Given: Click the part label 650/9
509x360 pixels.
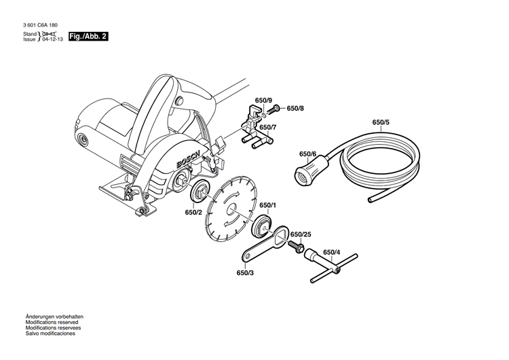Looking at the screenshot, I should [x=263, y=101].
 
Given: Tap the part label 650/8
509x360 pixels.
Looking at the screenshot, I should [x=295, y=108].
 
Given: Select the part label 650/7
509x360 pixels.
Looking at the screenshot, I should [x=267, y=127].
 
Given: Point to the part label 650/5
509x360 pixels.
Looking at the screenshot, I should [x=381, y=122].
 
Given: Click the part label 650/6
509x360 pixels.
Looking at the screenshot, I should [x=308, y=154].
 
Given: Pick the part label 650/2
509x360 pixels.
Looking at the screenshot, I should [x=193, y=212].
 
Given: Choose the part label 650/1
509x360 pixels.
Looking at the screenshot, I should [x=267, y=204].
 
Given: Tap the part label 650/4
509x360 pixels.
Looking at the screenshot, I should [x=332, y=252].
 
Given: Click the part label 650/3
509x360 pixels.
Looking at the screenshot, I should [x=245, y=273].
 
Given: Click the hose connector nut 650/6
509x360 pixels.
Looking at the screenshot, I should [x=303, y=175].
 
